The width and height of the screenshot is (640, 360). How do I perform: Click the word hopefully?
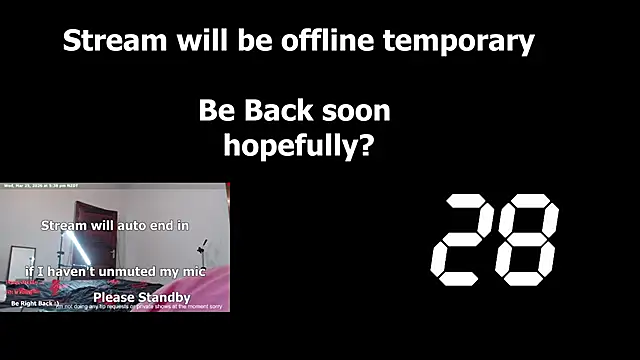pyautogui.click(x=286, y=146)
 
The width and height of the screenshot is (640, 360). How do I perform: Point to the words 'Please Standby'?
pyautogui.click(x=141, y=297)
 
